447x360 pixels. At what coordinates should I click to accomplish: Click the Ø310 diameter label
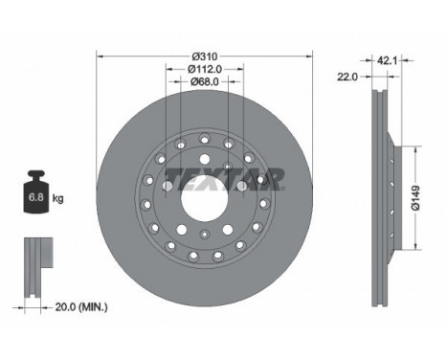(x=205, y=56)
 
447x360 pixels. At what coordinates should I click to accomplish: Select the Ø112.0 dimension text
(x=205, y=69)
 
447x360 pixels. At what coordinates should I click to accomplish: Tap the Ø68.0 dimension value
(x=205, y=82)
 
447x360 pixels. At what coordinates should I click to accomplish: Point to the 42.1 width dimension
(x=387, y=60)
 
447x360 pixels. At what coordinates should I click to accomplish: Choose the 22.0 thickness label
(x=347, y=77)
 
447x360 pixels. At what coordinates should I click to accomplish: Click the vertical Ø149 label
(x=415, y=198)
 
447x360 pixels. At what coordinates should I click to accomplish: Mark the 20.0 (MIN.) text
(x=81, y=307)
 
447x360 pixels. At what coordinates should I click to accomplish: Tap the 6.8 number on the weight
(x=36, y=197)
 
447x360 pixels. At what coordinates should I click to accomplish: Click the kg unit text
(x=57, y=198)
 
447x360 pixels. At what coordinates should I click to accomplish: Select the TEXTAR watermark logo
(x=224, y=179)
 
